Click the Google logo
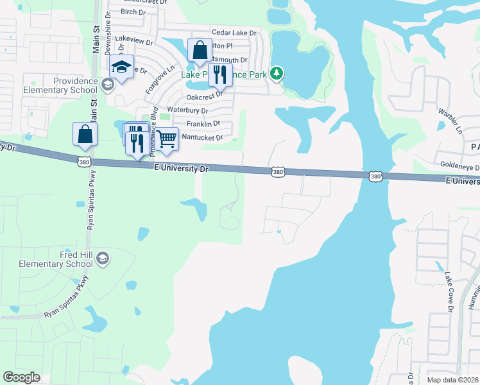(21, 377)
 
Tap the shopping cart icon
(166, 139)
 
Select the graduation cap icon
(121, 66)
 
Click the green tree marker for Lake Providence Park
(277, 74)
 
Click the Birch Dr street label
(133, 12)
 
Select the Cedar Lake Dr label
(234, 32)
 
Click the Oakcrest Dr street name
(204, 97)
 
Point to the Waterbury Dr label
(187, 110)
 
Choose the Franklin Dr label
(203, 124)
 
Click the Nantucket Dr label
(202, 137)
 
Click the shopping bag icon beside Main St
(85, 134)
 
